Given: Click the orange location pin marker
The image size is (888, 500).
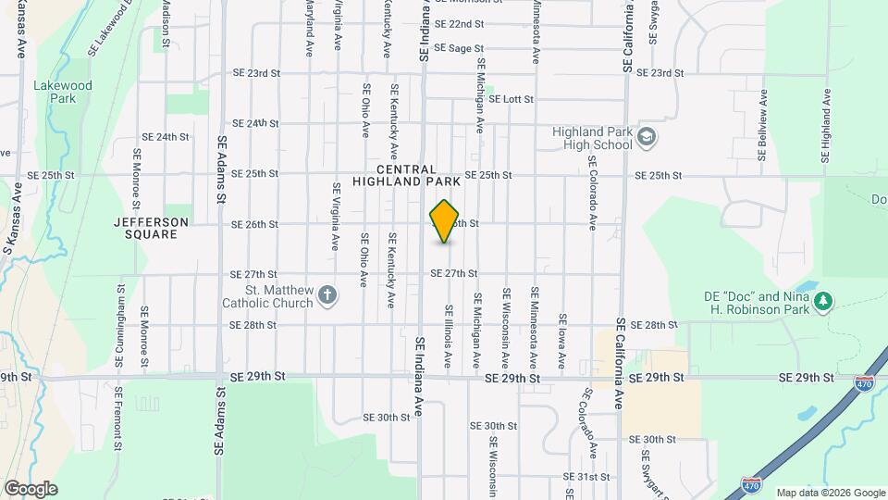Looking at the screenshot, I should [x=445, y=221].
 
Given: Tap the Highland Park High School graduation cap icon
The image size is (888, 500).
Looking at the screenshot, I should [x=647, y=139].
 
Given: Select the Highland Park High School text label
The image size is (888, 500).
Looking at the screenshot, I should [x=592, y=139].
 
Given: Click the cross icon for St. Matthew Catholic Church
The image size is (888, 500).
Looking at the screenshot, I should [x=326, y=296].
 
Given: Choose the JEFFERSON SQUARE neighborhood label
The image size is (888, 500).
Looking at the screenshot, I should [x=152, y=228].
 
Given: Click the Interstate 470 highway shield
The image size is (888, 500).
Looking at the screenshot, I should [x=752, y=484].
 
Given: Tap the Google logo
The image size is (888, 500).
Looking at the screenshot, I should [x=31, y=488].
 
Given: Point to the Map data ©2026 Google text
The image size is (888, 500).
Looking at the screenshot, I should [x=831, y=493].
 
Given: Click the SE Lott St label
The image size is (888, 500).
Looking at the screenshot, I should [x=513, y=98].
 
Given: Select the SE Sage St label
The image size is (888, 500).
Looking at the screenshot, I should [x=459, y=47].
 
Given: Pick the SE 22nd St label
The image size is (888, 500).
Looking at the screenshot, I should [x=459, y=23].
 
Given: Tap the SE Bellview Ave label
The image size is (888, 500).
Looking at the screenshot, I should [x=763, y=125].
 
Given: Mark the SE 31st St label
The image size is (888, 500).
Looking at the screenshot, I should [x=587, y=477].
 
